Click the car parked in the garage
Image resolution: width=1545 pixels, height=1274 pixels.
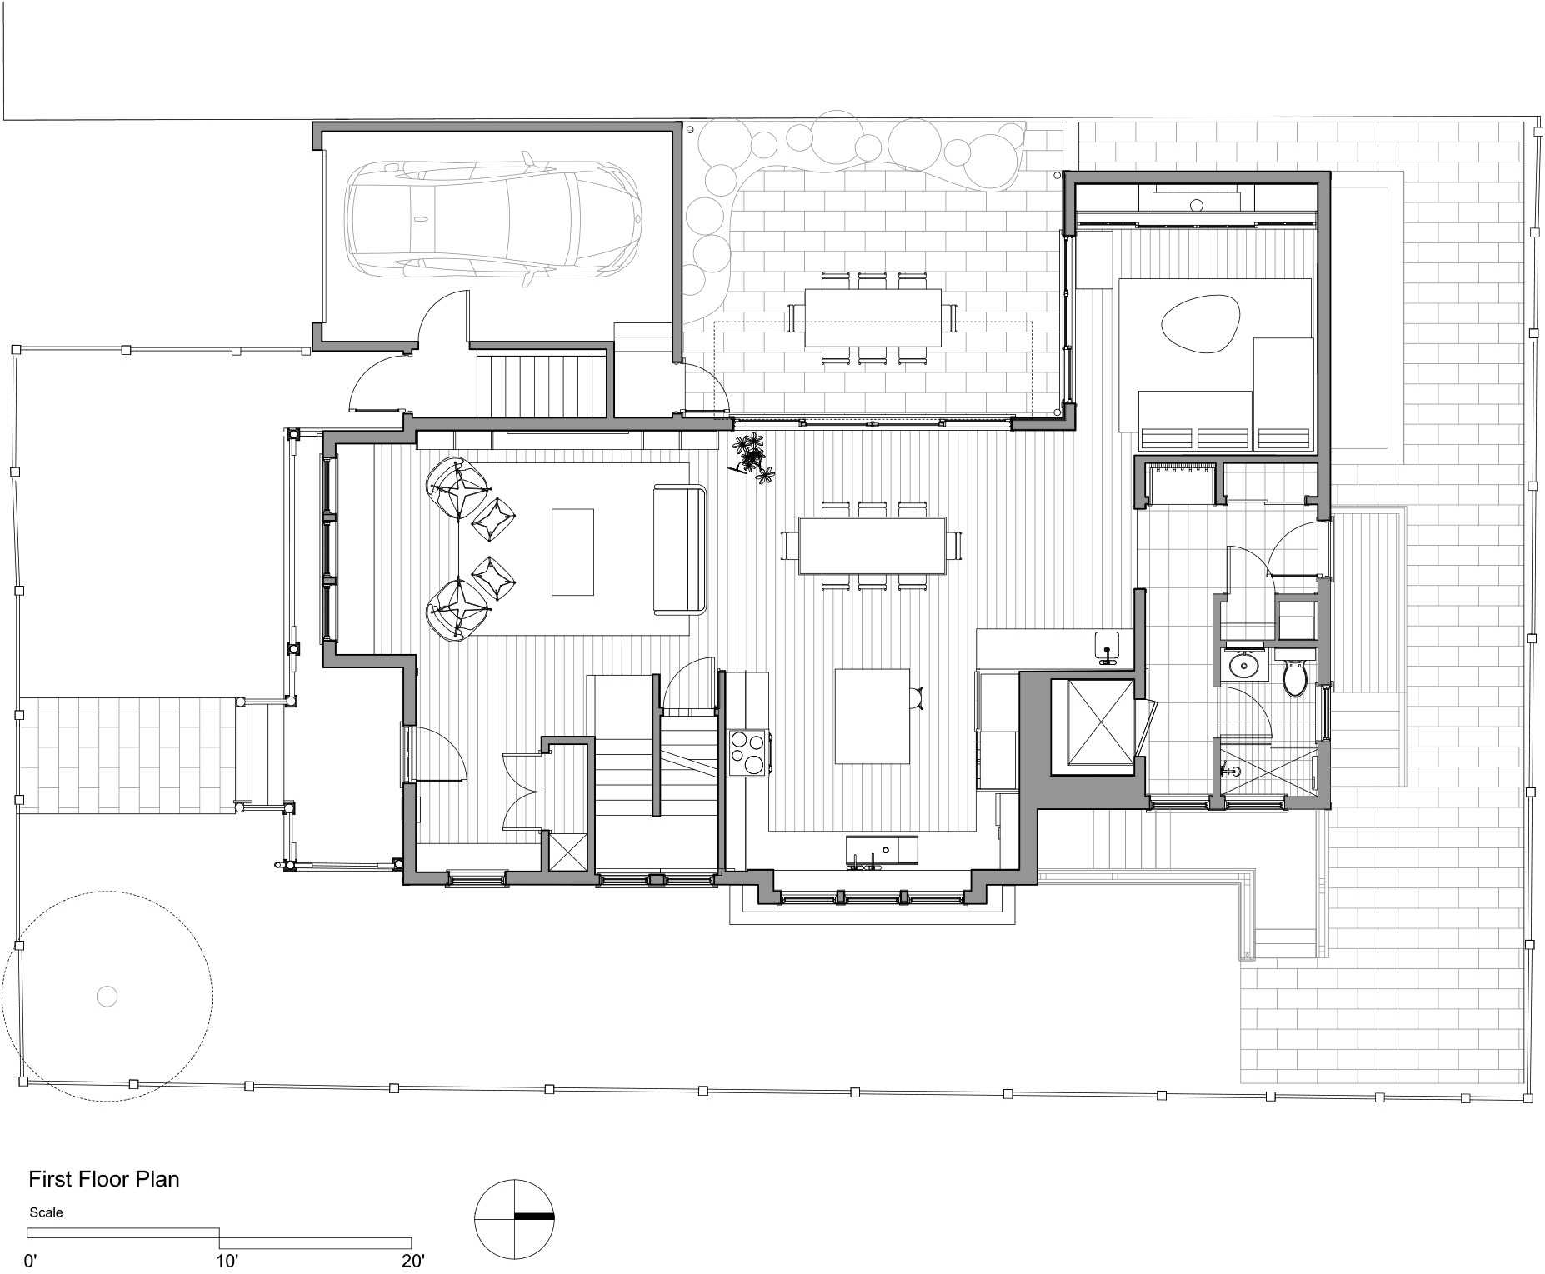[x=495, y=219]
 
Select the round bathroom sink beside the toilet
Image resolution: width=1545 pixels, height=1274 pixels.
[x=1245, y=665]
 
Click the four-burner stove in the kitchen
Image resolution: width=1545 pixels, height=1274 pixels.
[x=749, y=753]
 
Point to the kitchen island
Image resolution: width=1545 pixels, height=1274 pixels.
[x=872, y=716]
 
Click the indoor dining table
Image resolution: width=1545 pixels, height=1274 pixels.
[x=872, y=546]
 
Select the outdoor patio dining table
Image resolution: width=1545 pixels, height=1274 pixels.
[x=872, y=317]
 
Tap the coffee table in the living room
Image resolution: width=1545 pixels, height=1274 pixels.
[x=572, y=552]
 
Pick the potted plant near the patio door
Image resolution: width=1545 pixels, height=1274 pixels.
[x=752, y=457]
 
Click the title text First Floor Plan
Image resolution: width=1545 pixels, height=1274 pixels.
[x=104, y=1179]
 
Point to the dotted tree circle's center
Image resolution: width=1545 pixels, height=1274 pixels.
[x=107, y=995]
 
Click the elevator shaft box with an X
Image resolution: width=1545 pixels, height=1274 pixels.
[x=1092, y=722]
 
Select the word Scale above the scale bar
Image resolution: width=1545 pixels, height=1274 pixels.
[x=46, y=1212]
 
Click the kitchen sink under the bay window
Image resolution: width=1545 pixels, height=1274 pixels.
[x=882, y=851]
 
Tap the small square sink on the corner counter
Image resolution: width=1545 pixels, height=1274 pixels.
[x=1107, y=647]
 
